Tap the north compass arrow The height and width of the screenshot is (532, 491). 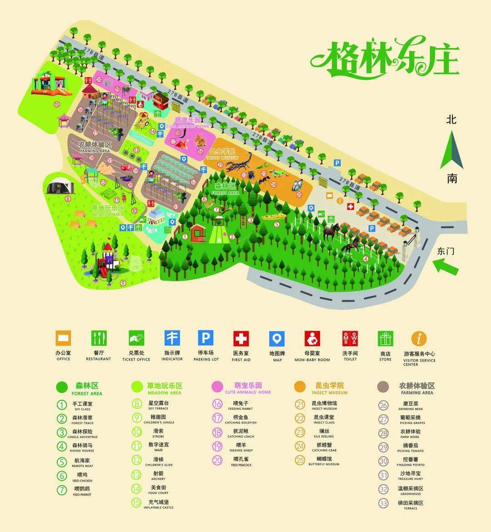[452, 150]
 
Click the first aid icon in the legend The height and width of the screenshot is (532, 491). [241, 338]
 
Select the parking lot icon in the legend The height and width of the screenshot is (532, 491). [205, 338]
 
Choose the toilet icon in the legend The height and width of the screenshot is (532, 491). [350, 338]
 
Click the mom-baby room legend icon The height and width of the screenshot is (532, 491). [312, 338]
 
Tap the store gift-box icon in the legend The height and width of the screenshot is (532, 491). [386, 338]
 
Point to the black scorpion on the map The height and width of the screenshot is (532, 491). [239, 162]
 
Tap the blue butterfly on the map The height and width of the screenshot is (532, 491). [297, 185]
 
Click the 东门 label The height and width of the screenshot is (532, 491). [446, 251]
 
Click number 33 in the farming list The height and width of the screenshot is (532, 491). [384, 503]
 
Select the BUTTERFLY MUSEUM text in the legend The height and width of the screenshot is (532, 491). [324, 464]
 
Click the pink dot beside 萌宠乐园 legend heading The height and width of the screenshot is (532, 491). [217, 386]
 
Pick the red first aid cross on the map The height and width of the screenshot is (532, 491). [350, 207]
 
